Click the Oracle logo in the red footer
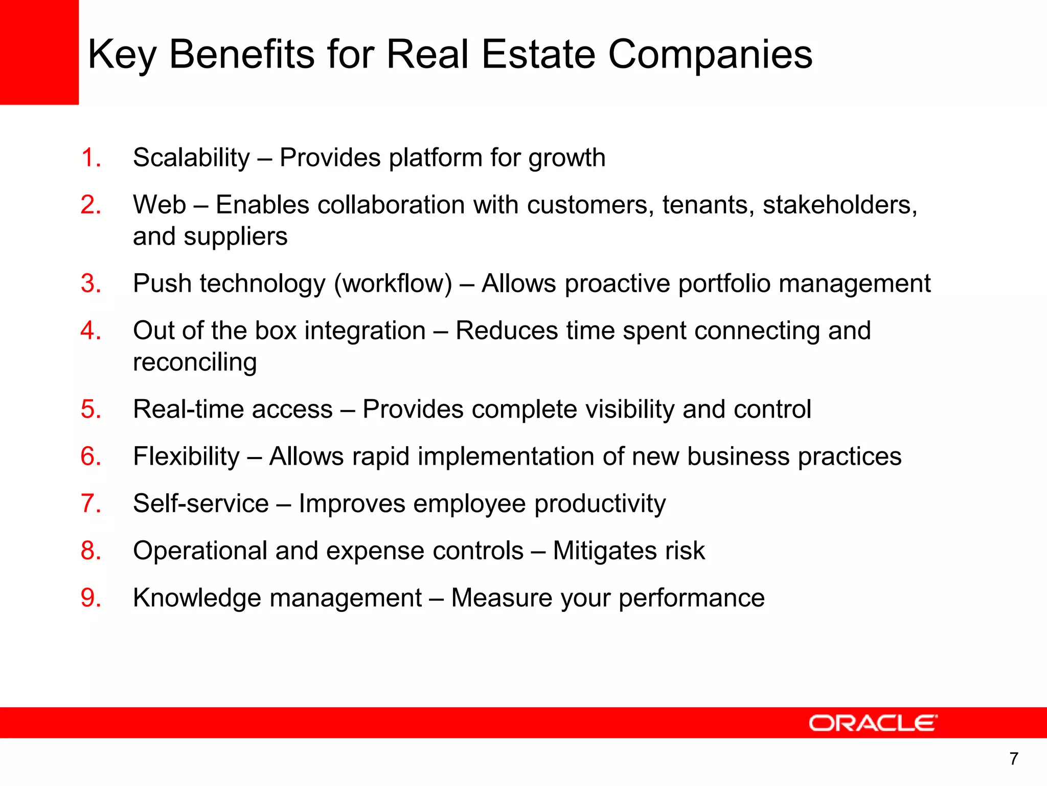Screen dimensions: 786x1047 point(873,723)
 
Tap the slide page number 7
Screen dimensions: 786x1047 point(1014,758)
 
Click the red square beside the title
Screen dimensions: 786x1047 point(39,52)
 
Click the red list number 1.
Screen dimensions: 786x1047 point(90,158)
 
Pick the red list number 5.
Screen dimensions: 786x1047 point(90,409)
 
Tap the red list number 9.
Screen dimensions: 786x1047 point(90,598)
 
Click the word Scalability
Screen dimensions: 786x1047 point(191,158)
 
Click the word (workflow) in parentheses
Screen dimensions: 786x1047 point(393,283)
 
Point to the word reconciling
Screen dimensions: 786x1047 point(195,362)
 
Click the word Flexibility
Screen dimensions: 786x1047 point(186,456)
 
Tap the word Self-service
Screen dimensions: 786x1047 point(200,504)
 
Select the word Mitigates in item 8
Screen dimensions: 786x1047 point(604,551)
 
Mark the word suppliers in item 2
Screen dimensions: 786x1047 point(235,236)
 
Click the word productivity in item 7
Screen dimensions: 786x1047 point(600,504)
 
